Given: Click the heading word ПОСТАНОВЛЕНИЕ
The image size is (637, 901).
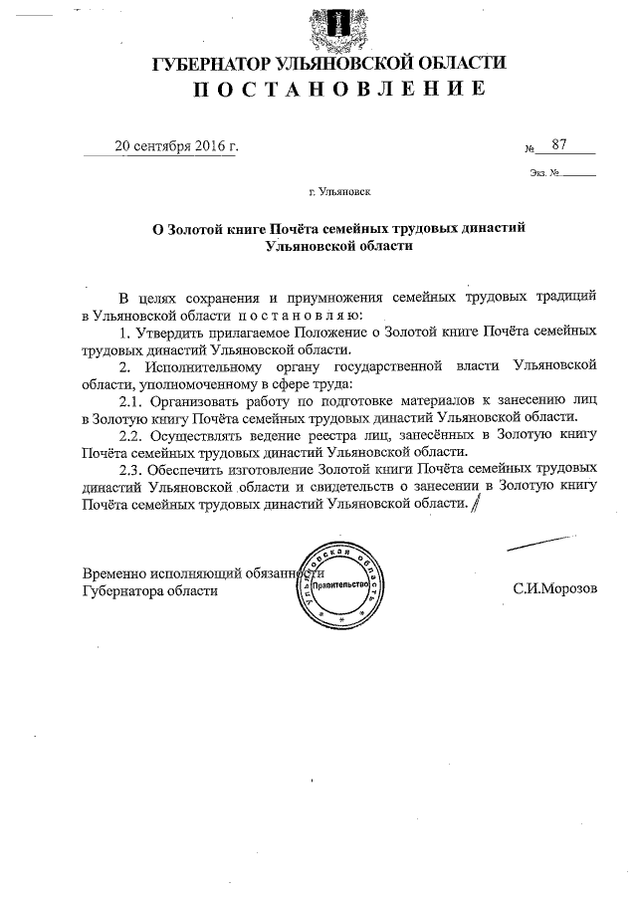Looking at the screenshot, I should coord(327,90).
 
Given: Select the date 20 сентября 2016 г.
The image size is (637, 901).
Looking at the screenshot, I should coord(176,146).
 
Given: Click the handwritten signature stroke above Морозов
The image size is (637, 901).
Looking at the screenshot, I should coord(541,543).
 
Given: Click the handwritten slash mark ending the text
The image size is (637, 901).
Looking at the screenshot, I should coord(475,505).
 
